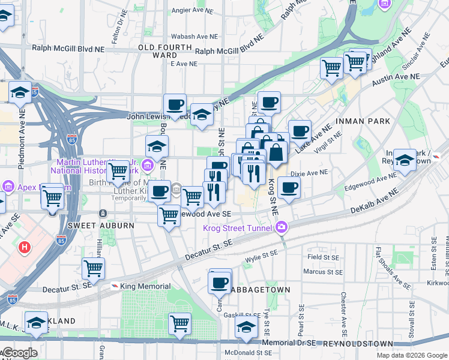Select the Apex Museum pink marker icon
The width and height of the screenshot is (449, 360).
(x=7, y=187)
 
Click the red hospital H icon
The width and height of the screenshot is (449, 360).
(x=25, y=247)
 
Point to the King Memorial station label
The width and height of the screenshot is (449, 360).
(x=145, y=286)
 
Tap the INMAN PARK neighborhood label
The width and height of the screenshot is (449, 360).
(x=363, y=121)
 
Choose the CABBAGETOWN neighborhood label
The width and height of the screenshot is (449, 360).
(x=261, y=290)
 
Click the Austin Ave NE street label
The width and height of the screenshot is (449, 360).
(x=396, y=77)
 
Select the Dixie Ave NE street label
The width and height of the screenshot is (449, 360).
(x=309, y=172)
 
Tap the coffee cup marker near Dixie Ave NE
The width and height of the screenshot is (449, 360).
(x=289, y=188)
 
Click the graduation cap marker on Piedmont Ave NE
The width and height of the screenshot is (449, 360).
(x=20, y=93)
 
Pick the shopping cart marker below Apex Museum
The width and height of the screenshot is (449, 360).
(x=53, y=197)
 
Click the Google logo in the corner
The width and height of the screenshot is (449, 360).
(x=19, y=353)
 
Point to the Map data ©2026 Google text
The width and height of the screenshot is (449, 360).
(x=412, y=355)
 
